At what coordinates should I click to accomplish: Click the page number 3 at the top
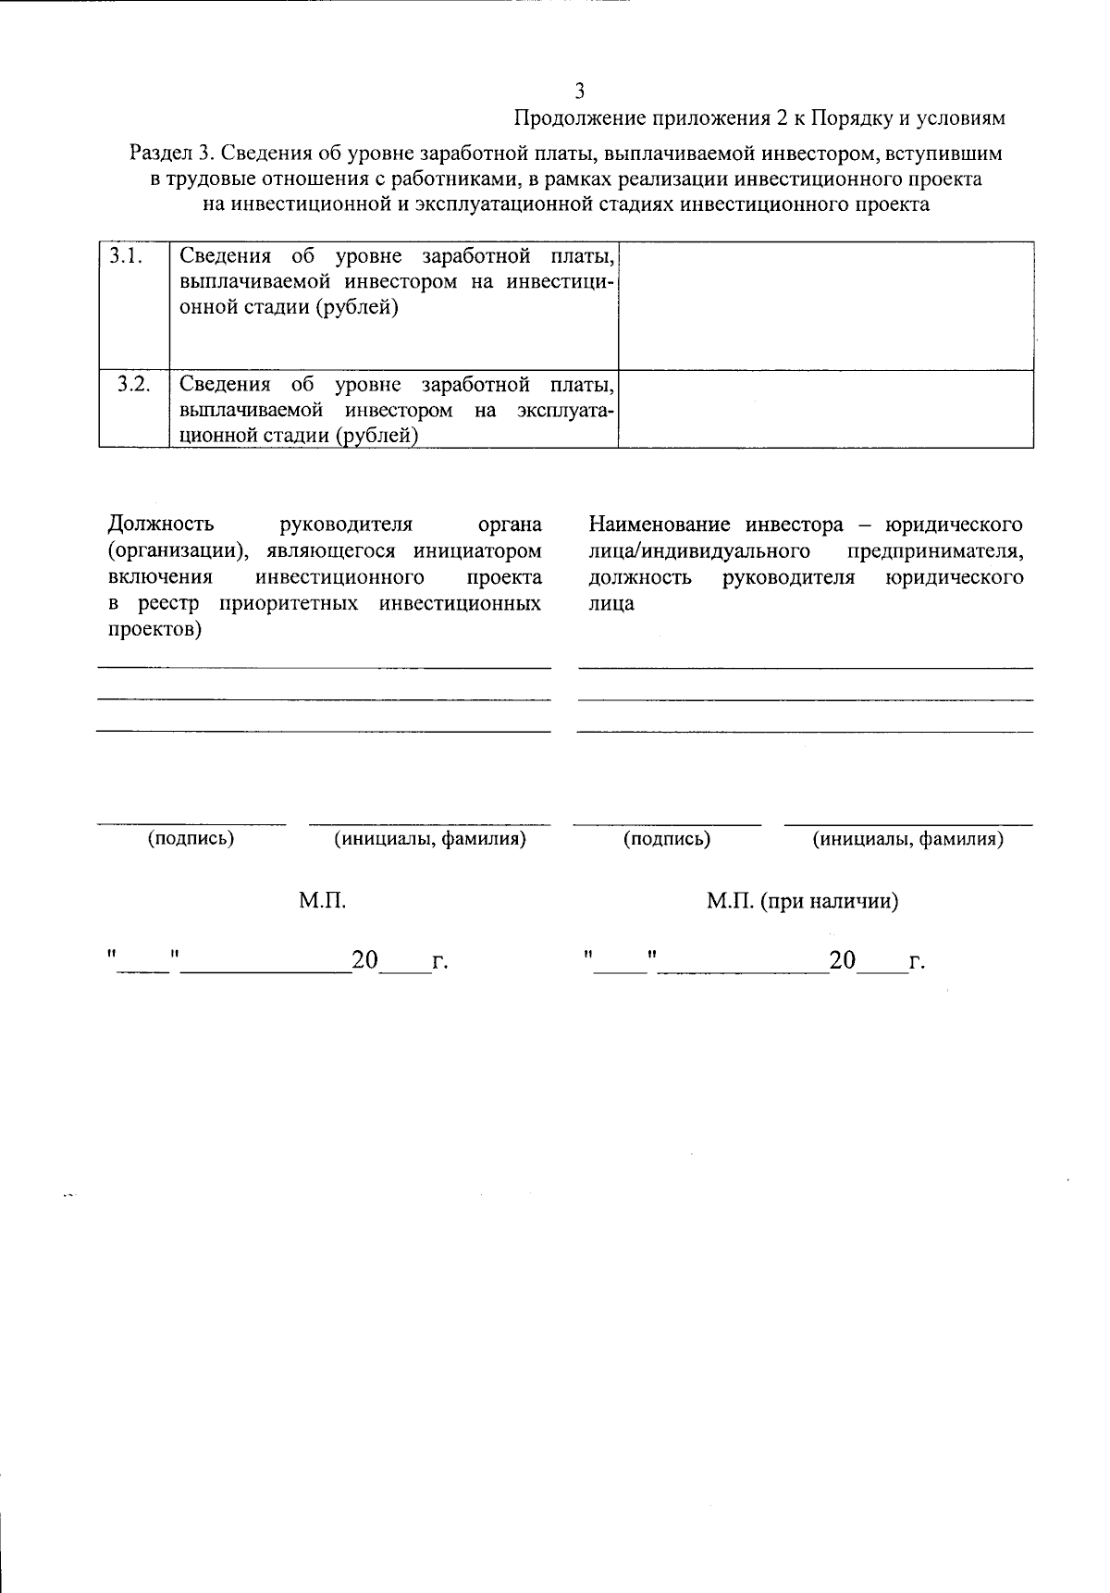tap(580, 91)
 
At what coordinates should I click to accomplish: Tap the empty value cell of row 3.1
tap(825, 305)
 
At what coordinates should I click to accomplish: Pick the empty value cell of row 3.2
tap(825, 409)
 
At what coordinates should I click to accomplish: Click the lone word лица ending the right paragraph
tap(611, 604)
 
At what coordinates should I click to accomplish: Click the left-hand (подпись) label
tap(191, 838)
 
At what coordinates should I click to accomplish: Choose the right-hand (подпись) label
tap(667, 839)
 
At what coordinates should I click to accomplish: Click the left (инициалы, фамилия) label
tap(430, 839)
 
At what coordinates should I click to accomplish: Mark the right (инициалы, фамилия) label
tap(908, 839)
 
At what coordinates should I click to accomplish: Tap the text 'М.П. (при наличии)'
tap(803, 901)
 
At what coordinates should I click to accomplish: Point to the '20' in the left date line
tap(364, 961)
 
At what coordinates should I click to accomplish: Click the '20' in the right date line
tap(843, 961)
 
